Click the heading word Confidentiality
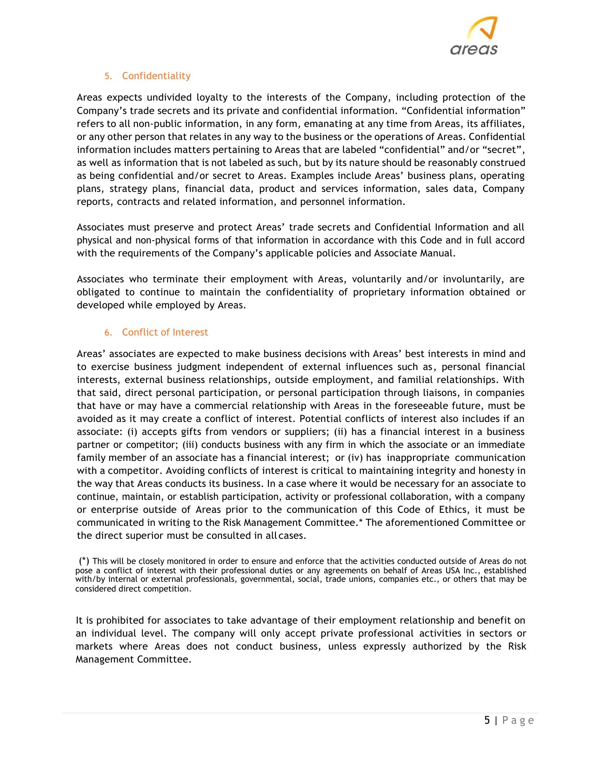[156, 76]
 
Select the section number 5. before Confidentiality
[107, 76]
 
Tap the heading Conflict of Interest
[165, 332]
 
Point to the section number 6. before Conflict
[107, 333]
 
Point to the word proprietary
[378, 293]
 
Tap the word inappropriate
[417, 458]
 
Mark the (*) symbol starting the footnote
[84, 561]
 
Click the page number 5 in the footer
[487, 721]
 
